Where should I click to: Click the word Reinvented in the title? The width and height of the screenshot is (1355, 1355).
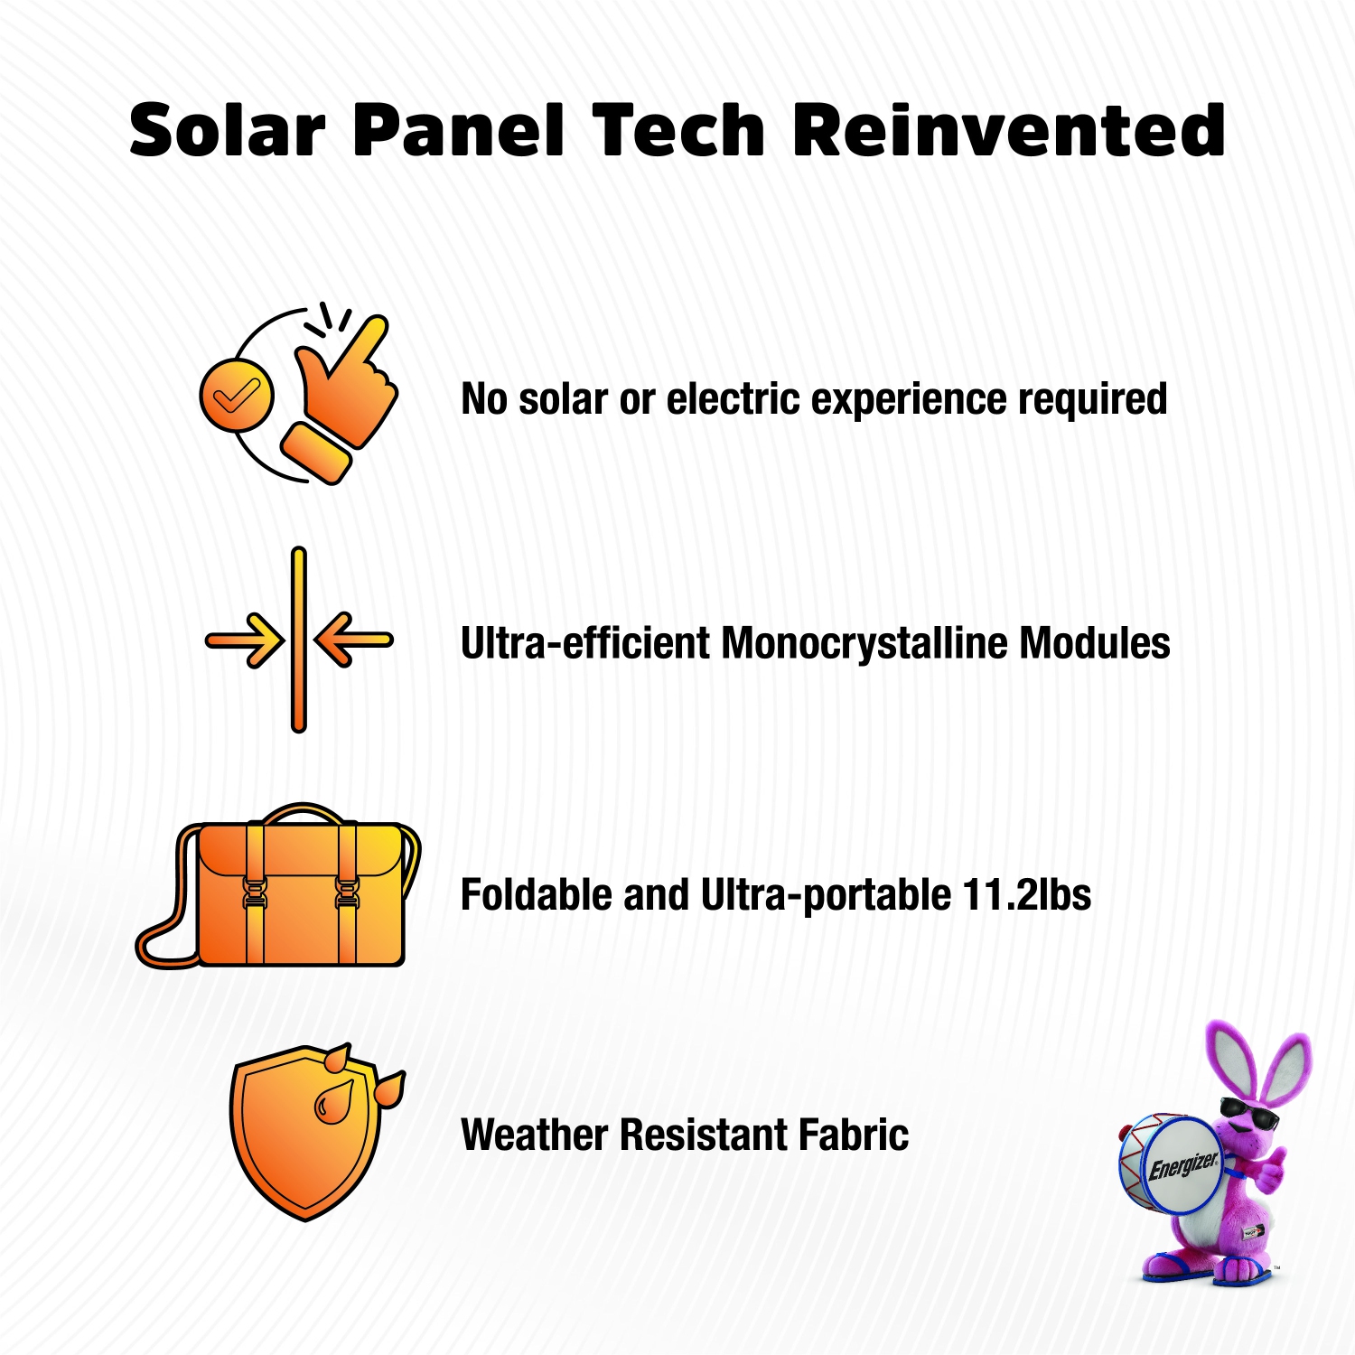[1008, 131]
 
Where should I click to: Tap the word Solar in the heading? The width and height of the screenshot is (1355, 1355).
[227, 131]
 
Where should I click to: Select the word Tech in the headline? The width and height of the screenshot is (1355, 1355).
[679, 131]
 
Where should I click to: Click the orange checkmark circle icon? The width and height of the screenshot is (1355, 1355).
[236, 395]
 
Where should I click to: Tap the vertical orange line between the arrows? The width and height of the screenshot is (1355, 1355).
[299, 640]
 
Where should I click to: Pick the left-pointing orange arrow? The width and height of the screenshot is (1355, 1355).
[353, 640]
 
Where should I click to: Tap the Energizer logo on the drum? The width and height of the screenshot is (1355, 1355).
[1182, 1165]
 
